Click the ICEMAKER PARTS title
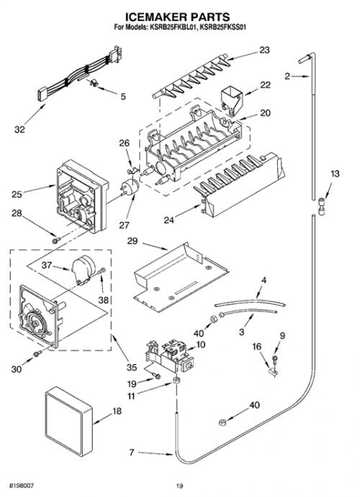pos(177,17)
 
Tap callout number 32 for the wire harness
pos(19,130)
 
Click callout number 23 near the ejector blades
pos(264,50)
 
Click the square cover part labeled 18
pos(68,421)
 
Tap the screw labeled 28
pos(56,241)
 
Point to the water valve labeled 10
pos(169,357)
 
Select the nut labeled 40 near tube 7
pos(222,422)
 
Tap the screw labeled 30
pos(37,353)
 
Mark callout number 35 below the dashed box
pos(132,367)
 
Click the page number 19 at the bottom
pos(180,485)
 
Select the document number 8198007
pos(22,485)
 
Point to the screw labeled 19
pos(156,376)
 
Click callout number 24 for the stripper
pos(168,220)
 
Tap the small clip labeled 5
pos(94,83)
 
